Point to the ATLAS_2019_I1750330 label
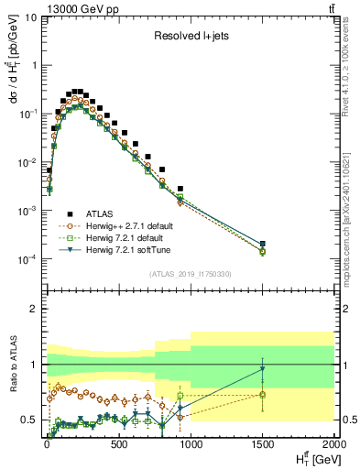click(188, 273)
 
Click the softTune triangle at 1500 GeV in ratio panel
click(263, 369)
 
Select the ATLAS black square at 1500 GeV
click(263, 244)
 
